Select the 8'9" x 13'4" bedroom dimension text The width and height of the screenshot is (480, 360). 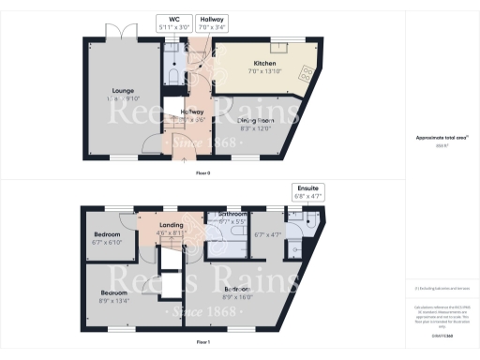click(114, 300)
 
